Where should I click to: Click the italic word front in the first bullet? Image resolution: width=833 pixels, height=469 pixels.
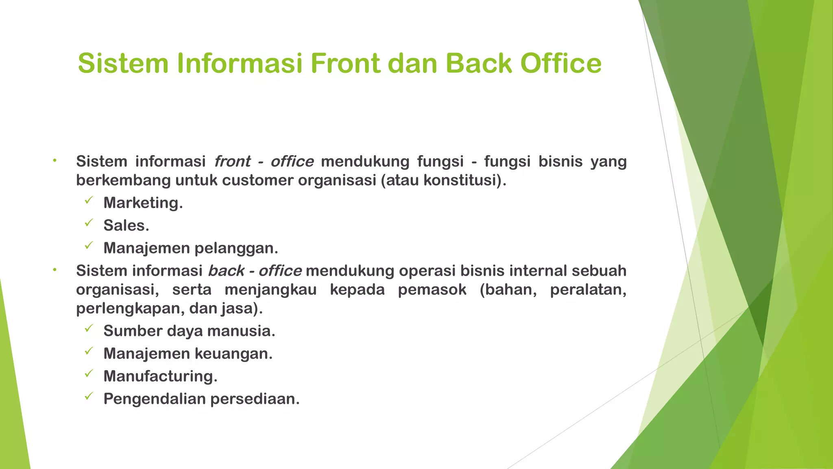[x=232, y=162]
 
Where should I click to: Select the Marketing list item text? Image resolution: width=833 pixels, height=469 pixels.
[x=143, y=203]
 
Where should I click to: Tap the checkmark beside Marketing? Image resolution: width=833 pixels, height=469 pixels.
[x=89, y=200]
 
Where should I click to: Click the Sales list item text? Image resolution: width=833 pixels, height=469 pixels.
[x=126, y=226]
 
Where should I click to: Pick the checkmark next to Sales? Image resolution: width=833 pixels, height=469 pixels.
[x=89, y=223]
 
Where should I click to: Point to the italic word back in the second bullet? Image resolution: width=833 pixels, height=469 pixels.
[x=226, y=271]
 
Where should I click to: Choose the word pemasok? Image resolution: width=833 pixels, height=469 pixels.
[x=432, y=290]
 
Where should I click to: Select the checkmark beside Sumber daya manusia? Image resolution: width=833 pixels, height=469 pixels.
[x=89, y=329]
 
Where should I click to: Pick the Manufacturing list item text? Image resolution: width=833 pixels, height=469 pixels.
[x=160, y=376]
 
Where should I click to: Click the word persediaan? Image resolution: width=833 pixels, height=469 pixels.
[x=255, y=399]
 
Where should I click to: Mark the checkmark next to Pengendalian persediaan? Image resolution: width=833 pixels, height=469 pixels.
[x=89, y=397]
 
